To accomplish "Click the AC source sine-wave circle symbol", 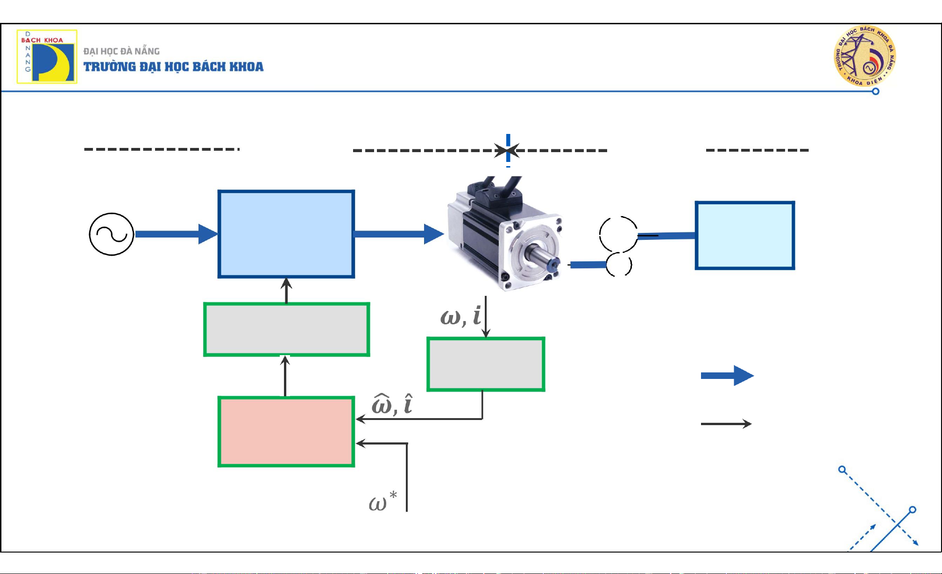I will [112, 234].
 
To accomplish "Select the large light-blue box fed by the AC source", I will [286, 234].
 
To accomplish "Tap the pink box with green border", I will [286, 432].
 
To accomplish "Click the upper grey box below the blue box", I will [286, 329].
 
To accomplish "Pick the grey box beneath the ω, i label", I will [486, 364].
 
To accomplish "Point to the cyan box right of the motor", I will [744, 235].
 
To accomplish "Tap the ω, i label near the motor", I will [460, 316].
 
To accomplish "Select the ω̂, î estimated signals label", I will [392, 404].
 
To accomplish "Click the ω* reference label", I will [382, 502].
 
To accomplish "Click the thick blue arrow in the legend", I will [727, 375].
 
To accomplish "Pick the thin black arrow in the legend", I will [726, 424].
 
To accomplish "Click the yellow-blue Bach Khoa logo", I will [47, 56].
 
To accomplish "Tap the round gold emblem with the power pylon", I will [864, 56].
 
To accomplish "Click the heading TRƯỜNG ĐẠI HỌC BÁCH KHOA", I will [173, 67].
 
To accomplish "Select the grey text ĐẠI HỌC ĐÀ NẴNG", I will [121, 51].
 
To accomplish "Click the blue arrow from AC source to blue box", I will [176, 234].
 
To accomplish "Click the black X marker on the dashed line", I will [507, 151].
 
